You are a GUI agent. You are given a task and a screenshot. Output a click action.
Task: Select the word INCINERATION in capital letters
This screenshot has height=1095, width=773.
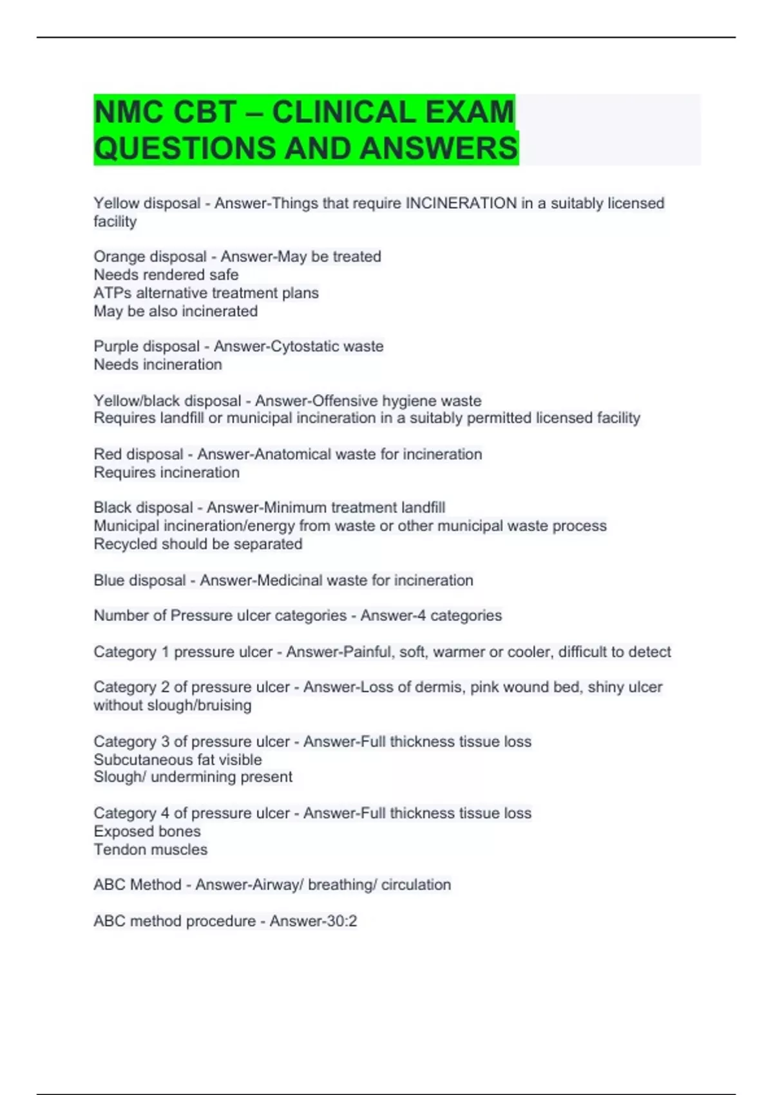[x=461, y=204]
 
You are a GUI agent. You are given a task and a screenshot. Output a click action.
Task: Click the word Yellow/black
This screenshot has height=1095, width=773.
[x=135, y=401]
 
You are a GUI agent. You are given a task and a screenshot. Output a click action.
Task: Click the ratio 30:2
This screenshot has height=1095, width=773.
[x=342, y=921]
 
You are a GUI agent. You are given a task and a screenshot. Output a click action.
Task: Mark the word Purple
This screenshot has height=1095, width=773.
[x=117, y=347]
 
